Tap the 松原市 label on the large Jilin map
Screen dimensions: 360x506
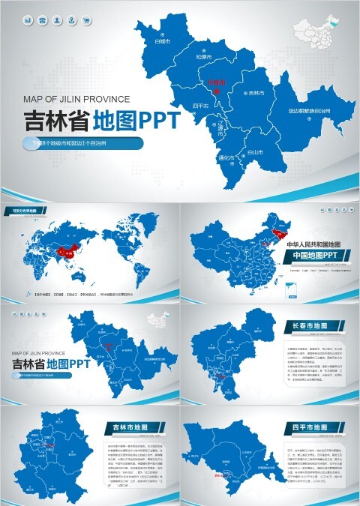point(203,56)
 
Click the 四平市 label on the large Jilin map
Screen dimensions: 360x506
point(202,106)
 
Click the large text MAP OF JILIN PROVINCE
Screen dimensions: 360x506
point(77,98)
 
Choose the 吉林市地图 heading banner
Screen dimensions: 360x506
point(134,427)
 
